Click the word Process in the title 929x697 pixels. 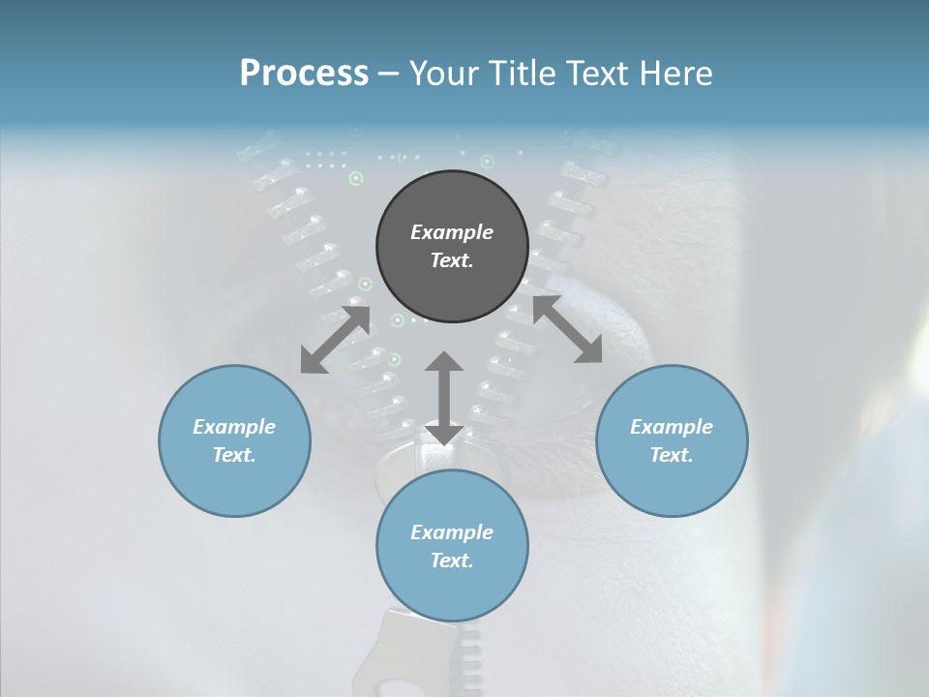point(304,75)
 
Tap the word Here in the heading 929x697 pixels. point(676,75)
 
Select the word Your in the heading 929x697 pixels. point(444,75)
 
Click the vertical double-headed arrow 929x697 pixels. point(444,398)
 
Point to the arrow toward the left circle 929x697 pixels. point(335,339)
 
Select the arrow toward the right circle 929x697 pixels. point(567,329)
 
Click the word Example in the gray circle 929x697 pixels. point(452,232)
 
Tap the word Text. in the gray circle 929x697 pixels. point(452,260)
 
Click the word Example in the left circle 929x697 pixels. point(234,427)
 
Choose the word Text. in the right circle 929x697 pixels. point(672,455)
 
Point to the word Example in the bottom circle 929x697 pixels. point(452,532)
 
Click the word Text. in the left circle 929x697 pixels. point(234,455)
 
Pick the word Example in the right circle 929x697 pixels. point(672,427)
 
